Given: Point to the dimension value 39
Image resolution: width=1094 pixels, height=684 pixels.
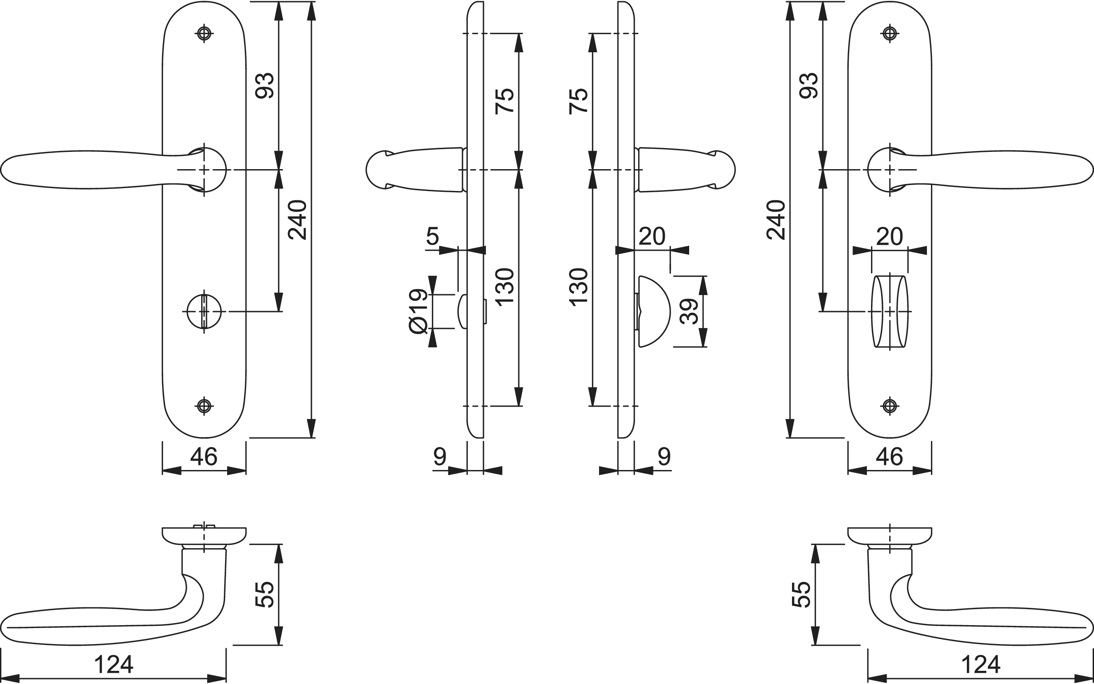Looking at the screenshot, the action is pos(690,311).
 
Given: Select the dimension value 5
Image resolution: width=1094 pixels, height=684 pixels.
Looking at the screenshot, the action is pos(432,236).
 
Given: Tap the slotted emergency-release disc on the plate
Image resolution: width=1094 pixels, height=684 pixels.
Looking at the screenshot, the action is pos(204,311).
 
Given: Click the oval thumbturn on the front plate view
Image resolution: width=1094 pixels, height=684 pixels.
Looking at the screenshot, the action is pos(890,311).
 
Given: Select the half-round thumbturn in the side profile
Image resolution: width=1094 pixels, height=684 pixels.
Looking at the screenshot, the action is pos(653,311).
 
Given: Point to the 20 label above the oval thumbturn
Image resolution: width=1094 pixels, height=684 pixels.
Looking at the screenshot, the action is pos(890,236).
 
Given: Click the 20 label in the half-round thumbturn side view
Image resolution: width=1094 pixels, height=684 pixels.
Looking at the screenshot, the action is pos(652,236).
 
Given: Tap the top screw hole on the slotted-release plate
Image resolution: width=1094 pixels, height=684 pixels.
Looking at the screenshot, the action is pos(204,33).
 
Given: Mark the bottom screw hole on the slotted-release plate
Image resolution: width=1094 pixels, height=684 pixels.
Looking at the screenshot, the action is pos(204,406).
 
